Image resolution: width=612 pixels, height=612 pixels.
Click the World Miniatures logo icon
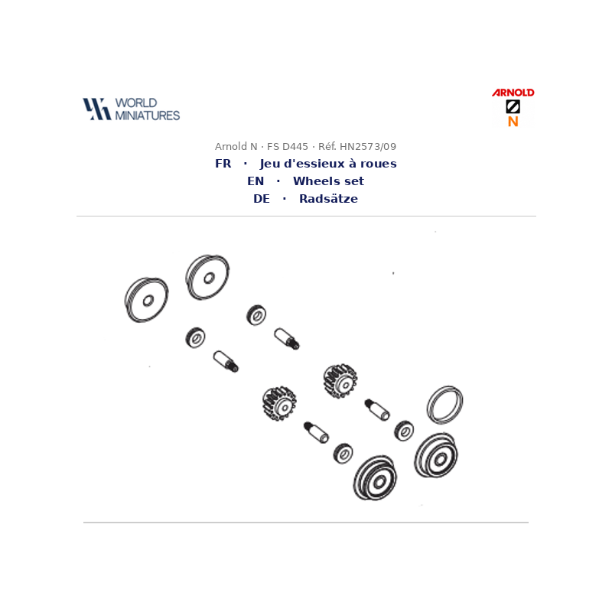pyautogui.click(x=97, y=109)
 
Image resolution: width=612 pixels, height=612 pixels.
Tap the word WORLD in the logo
pyautogui.click(x=136, y=103)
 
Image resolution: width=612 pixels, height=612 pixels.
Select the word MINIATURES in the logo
pyautogui.click(x=147, y=116)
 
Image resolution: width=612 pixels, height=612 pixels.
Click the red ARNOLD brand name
pyautogui.click(x=513, y=93)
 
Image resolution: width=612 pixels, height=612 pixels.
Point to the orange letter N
pyautogui.click(x=513, y=122)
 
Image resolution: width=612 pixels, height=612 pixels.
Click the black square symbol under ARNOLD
pyautogui.click(x=513, y=106)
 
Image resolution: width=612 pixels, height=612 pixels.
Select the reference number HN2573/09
pyautogui.click(x=368, y=147)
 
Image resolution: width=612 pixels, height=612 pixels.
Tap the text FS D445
pyautogui.click(x=288, y=147)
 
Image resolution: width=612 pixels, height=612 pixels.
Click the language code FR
pyautogui.click(x=223, y=164)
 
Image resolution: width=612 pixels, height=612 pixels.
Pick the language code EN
pyautogui.click(x=256, y=181)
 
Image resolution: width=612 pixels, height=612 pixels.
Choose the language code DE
pyautogui.click(x=262, y=199)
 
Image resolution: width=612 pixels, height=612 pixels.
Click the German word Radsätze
pyautogui.click(x=328, y=199)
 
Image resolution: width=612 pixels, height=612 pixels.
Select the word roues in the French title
pyautogui.click(x=378, y=164)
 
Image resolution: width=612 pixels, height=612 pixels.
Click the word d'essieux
pyautogui.click(x=314, y=164)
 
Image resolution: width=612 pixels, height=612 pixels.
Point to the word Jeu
pyautogui.click(x=270, y=164)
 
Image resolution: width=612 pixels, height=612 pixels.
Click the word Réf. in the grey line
pyautogui.click(x=327, y=147)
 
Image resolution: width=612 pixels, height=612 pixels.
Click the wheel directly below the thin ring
pyautogui.click(x=436, y=455)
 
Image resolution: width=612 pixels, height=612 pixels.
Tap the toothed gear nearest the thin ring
pyautogui.click(x=340, y=381)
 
